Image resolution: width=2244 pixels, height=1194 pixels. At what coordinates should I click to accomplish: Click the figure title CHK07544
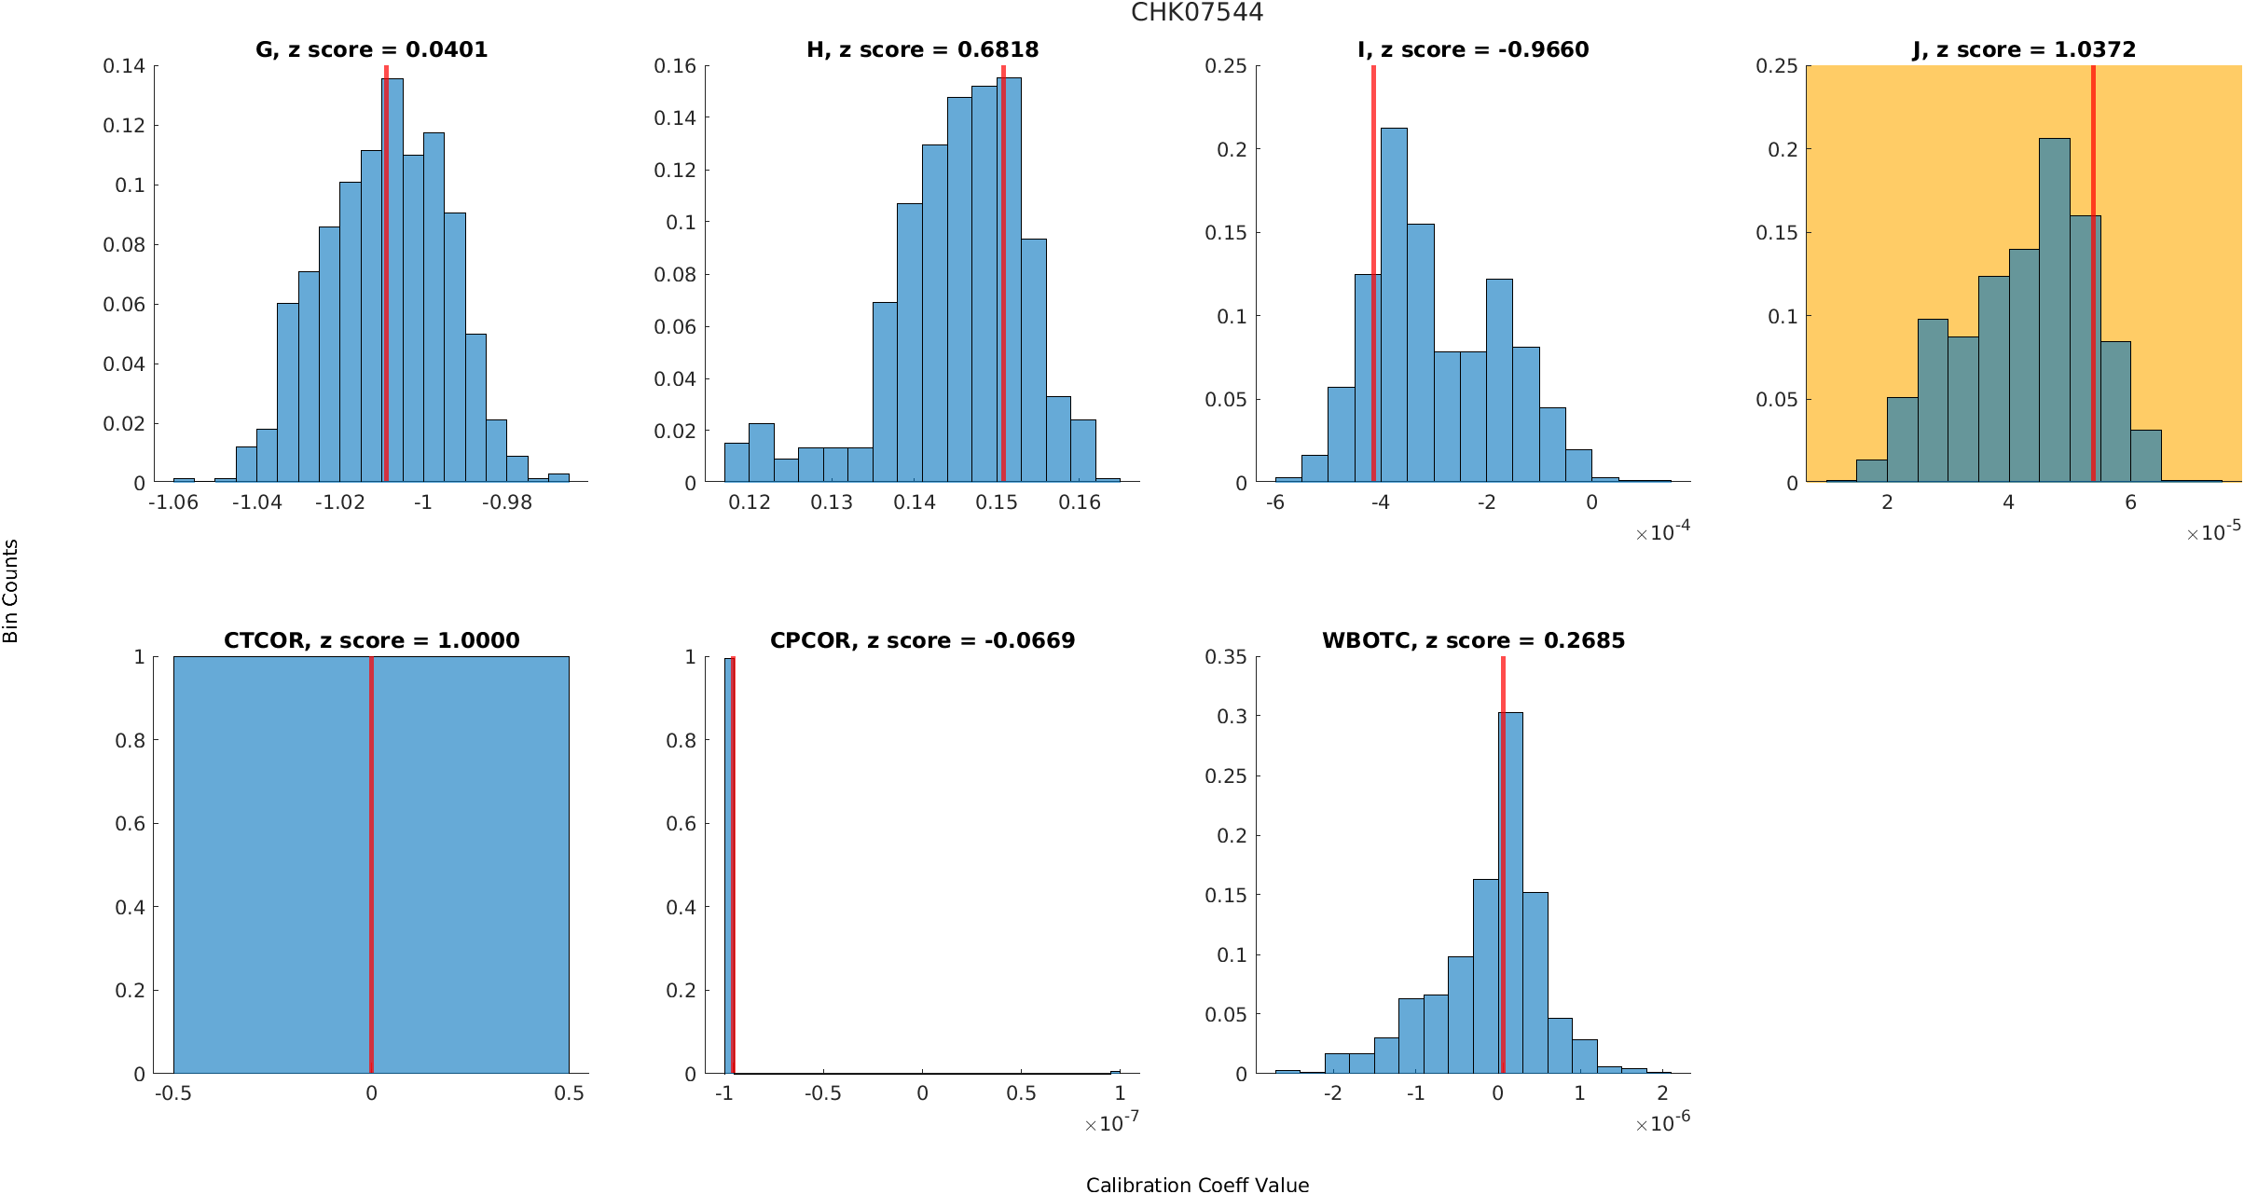1196,12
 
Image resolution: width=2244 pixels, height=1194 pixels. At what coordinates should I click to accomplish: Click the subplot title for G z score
371,49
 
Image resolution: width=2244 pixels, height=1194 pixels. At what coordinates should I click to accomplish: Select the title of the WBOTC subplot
1473,640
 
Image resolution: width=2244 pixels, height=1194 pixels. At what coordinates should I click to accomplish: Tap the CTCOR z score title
371,640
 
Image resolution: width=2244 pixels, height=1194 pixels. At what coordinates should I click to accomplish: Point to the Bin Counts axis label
11,591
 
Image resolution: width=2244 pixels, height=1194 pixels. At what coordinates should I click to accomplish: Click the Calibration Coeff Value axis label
1197,1184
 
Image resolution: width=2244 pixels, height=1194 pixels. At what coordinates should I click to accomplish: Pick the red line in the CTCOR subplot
371,867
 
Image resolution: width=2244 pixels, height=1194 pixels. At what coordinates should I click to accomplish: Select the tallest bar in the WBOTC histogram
1510,895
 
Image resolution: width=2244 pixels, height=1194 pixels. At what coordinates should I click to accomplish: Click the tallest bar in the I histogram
1394,308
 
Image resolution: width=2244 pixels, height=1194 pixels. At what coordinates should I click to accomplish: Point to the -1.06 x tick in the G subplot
173,502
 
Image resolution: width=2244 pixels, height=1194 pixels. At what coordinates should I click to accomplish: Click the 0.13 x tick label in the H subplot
832,502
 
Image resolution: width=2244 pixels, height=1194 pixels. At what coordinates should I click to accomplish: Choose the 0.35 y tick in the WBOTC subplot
1225,657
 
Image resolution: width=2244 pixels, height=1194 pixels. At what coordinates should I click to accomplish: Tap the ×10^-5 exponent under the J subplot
2213,532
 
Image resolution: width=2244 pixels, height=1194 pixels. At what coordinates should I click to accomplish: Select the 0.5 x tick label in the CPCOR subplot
1021,1093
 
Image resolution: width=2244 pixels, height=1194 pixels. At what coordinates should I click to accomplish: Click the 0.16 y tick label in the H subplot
675,66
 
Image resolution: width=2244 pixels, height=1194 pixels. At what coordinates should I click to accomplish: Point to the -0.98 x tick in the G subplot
507,502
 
